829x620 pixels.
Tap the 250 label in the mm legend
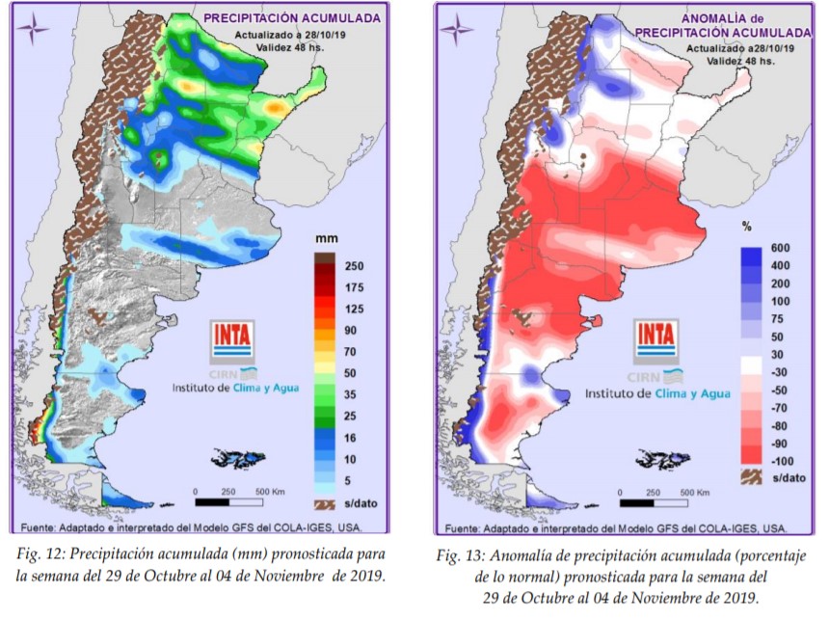coord(354,265)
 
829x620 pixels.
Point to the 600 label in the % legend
coord(779,248)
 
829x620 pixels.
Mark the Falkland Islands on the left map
coord(236,457)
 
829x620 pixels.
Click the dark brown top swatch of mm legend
coord(324,258)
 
